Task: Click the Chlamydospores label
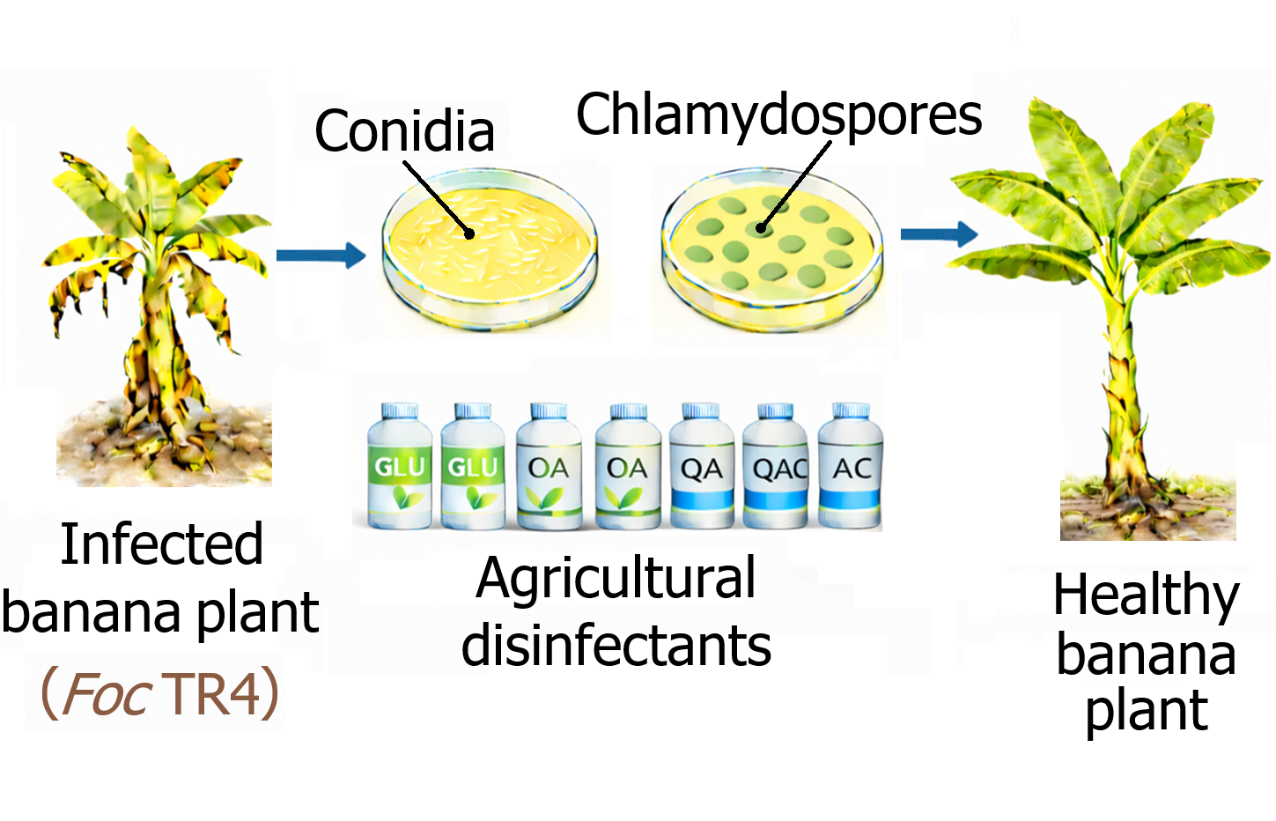tap(778, 115)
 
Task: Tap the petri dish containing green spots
tap(771, 249)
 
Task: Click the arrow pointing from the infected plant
tap(321, 255)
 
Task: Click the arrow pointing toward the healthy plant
tap(939, 233)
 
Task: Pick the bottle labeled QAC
tap(776, 467)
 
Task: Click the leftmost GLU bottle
tap(399, 467)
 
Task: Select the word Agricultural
tap(616, 579)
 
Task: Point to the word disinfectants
tap(616, 646)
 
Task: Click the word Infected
tap(162, 544)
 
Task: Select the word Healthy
tap(1146, 595)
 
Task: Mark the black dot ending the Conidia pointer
tap(469, 233)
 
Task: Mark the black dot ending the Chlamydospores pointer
tap(761, 228)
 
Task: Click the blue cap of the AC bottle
tap(852, 410)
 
